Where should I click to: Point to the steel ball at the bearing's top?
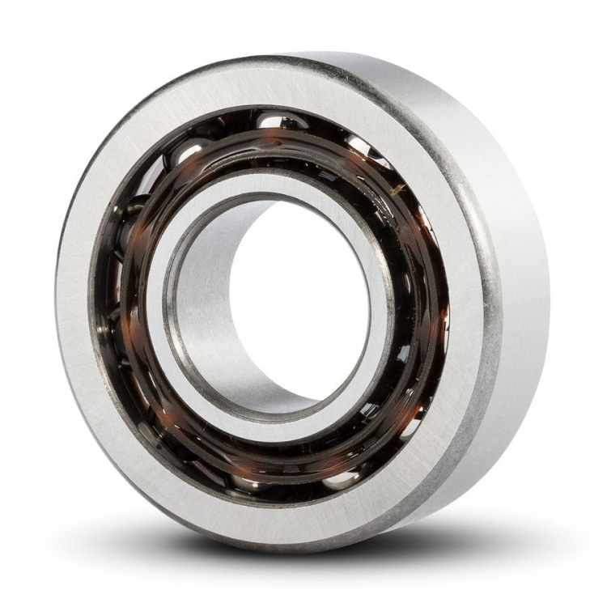tap(273, 121)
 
